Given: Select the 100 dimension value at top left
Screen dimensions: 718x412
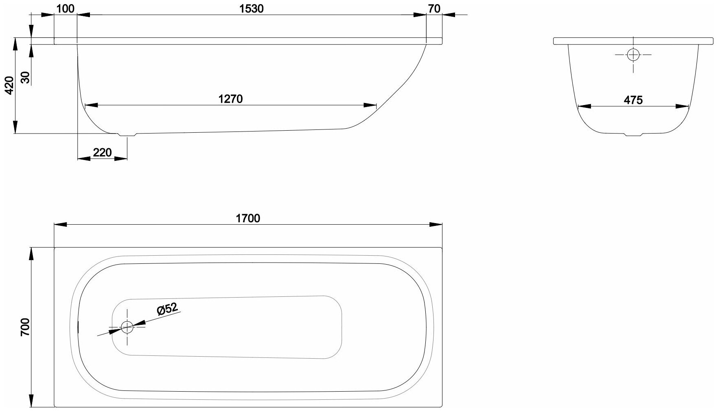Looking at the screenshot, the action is click(x=65, y=9).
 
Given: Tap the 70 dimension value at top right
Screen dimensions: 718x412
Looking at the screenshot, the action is click(x=434, y=9).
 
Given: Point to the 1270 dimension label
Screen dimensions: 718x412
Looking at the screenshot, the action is click(x=230, y=99).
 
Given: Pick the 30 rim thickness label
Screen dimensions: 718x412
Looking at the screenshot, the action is click(x=25, y=77).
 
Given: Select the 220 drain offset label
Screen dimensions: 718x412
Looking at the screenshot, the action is click(x=102, y=153).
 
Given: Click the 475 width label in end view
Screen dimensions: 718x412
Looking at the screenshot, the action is click(x=633, y=100).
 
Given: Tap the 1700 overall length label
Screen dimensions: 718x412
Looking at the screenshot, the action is click(x=248, y=219).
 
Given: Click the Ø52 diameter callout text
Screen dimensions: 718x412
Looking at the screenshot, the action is click(x=167, y=309).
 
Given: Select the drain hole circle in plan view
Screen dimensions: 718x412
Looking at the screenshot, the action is click(x=127, y=327).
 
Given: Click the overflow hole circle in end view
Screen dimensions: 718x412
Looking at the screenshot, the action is click(x=633, y=55).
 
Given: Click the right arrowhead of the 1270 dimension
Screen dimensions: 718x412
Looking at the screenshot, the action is click(x=371, y=106).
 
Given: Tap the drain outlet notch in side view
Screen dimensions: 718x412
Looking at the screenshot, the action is click(x=127, y=135).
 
